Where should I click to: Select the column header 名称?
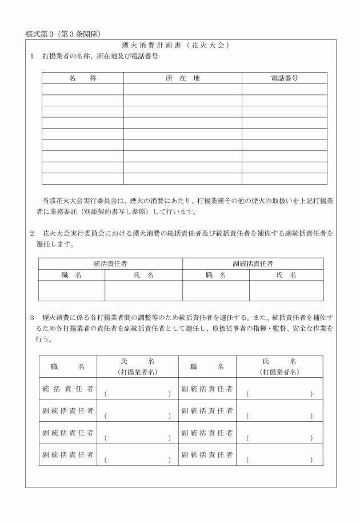click(x=82, y=78)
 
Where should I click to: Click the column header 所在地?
click(x=182, y=78)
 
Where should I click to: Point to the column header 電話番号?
click(x=284, y=78)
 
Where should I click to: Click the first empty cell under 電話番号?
click(x=284, y=89)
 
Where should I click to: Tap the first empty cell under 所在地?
click(x=182, y=89)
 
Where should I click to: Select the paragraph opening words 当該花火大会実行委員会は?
click(x=86, y=201)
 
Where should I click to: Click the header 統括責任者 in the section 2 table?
click(x=110, y=264)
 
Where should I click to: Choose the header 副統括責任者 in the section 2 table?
click(x=253, y=264)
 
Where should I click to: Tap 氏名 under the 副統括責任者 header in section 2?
click(x=286, y=275)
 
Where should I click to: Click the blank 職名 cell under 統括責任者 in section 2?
click(x=71, y=290)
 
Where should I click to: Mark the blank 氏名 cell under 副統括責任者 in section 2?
click(x=286, y=290)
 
